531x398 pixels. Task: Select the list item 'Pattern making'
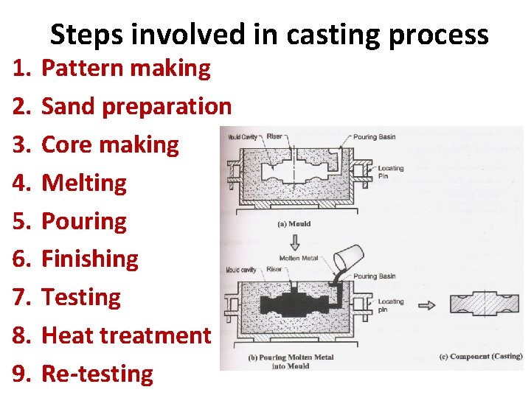pyautogui.click(x=126, y=69)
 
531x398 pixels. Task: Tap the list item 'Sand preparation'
pyautogui.click(x=136, y=107)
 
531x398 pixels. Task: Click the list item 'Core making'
pyautogui.click(x=110, y=145)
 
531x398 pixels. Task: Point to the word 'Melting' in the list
pyautogui.click(x=84, y=183)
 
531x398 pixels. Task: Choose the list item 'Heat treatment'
pyautogui.click(x=126, y=335)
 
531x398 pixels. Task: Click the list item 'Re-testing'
pyautogui.click(x=97, y=374)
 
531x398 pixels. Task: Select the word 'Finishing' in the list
pyautogui.click(x=90, y=259)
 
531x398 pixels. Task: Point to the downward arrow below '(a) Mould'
pyautogui.click(x=294, y=240)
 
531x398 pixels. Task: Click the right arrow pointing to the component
pyautogui.click(x=427, y=305)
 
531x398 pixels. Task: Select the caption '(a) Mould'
pyautogui.click(x=294, y=223)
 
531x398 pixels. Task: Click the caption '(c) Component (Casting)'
pyautogui.click(x=480, y=357)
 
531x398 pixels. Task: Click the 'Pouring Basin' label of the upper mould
pyautogui.click(x=375, y=137)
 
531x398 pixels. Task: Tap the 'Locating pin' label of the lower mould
pyautogui.click(x=390, y=305)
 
